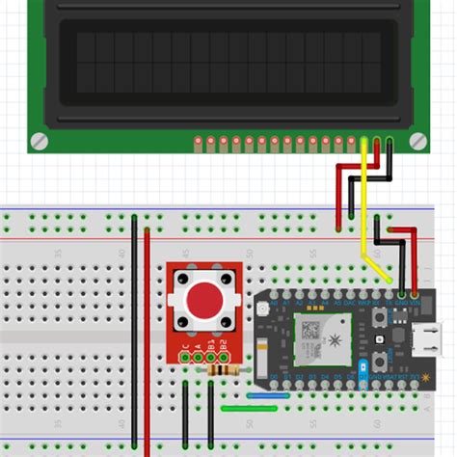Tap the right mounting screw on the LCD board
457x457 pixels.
tap(417, 141)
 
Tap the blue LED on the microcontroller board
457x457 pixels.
tap(363, 368)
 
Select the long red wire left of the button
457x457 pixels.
tap(147, 337)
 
